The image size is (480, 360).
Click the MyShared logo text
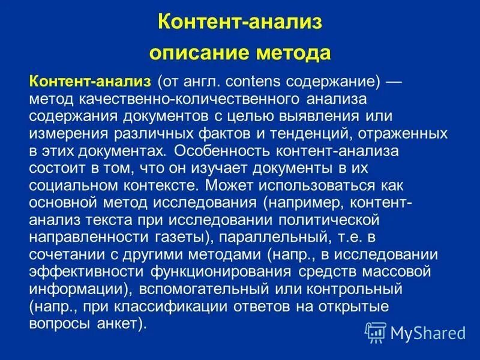(428, 332)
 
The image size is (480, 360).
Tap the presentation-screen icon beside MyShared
(376, 332)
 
